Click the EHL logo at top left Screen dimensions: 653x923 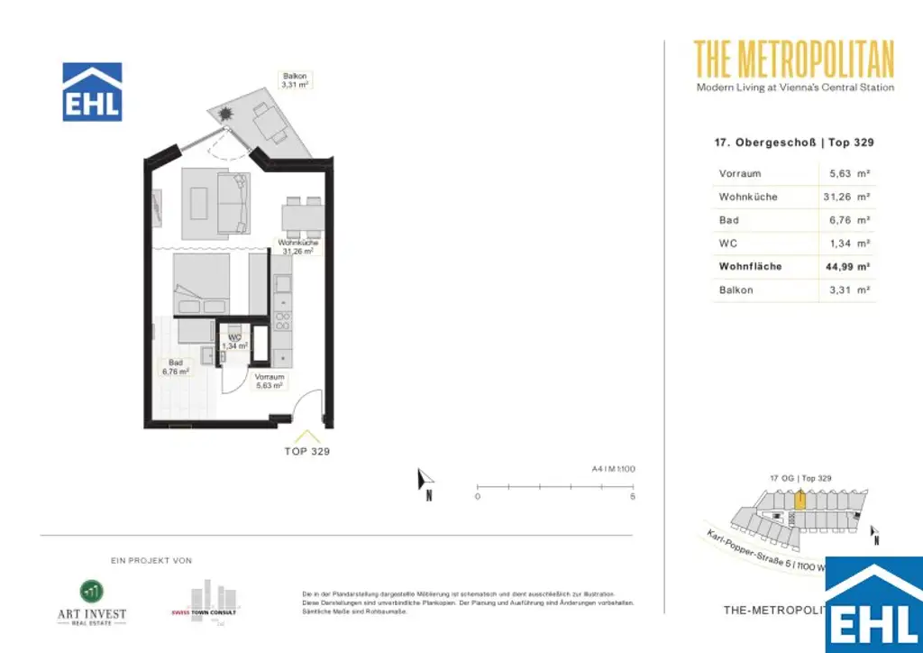pyautogui.click(x=92, y=92)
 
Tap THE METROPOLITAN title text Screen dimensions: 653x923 pyautogui.click(x=794, y=60)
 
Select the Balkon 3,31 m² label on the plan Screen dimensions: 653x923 pyautogui.click(x=295, y=79)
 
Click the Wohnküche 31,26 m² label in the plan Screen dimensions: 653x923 pyautogui.click(x=296, y=247)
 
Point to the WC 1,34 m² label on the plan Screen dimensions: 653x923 pyautogui.click(x=234, y=341)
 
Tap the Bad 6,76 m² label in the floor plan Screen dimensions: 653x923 pyautogui.click(x=176, y=367)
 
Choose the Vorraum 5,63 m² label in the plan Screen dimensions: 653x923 pyautogui.click(x=270, y=381)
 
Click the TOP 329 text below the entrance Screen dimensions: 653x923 pyautogui.click(x=307, y=451)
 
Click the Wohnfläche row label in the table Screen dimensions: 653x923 pyautogui.click(x=750, y=267)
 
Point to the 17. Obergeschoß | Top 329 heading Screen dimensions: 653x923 pyautogui.click(x=793, y=143)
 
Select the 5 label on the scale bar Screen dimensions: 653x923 pyautogui.click(x=633, y=497)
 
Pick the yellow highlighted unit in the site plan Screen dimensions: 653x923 pyautogui.click(x=800, y=499)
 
